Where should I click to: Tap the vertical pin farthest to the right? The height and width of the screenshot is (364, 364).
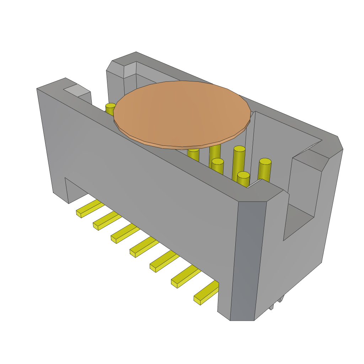[x=265, y=170]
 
